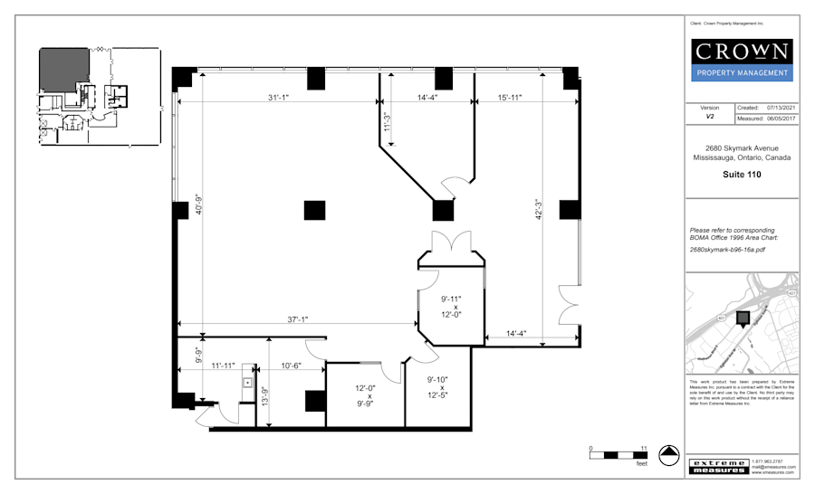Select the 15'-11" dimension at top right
(514, 97)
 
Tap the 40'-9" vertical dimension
(198, 214)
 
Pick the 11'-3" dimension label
(387, 121)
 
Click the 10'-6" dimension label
(292, 366)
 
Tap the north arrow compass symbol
(669, 456)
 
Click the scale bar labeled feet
(617, 453)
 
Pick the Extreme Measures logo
(719, 466)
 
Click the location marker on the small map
(743, 318)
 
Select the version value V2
(710, 117)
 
